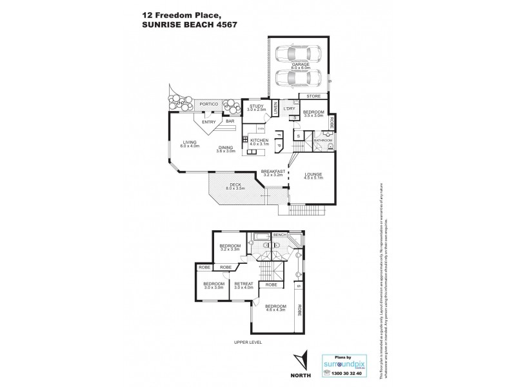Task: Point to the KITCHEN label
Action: [x=259, y=141]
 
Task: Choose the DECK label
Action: [x=236, y=186]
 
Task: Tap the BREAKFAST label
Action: [x=273, y=171]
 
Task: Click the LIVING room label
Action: [x=189, y=144]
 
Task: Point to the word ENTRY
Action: [x=208, y=122]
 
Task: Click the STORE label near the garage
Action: [x=313, y=96]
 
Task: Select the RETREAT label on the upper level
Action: [x=243, y=284]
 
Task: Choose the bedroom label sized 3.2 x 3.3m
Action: [x=230, y=246]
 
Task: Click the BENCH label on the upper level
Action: [x=280, y=235]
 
